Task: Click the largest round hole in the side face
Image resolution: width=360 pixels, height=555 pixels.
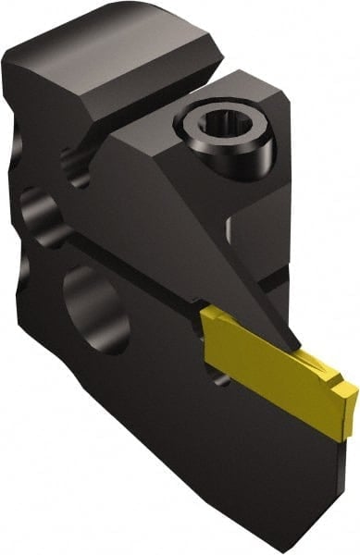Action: click(92, 310)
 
